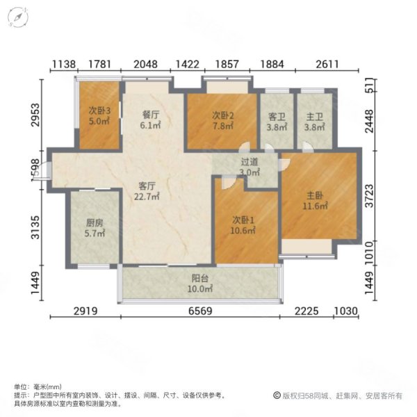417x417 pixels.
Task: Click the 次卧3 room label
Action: pyautogui.click(x=97, y=110)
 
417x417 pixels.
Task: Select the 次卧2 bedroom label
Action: pyautogui.click(x=222, y=116)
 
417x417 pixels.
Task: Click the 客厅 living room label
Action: pyautogui.click(x=147, y=186)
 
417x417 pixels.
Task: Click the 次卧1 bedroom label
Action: pyautogui.click(x=244, y=220)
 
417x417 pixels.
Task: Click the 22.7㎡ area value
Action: pyautogui.click(x=147, y=196)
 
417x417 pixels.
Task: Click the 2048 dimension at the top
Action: pyautogui.click(x=147, y=65)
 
